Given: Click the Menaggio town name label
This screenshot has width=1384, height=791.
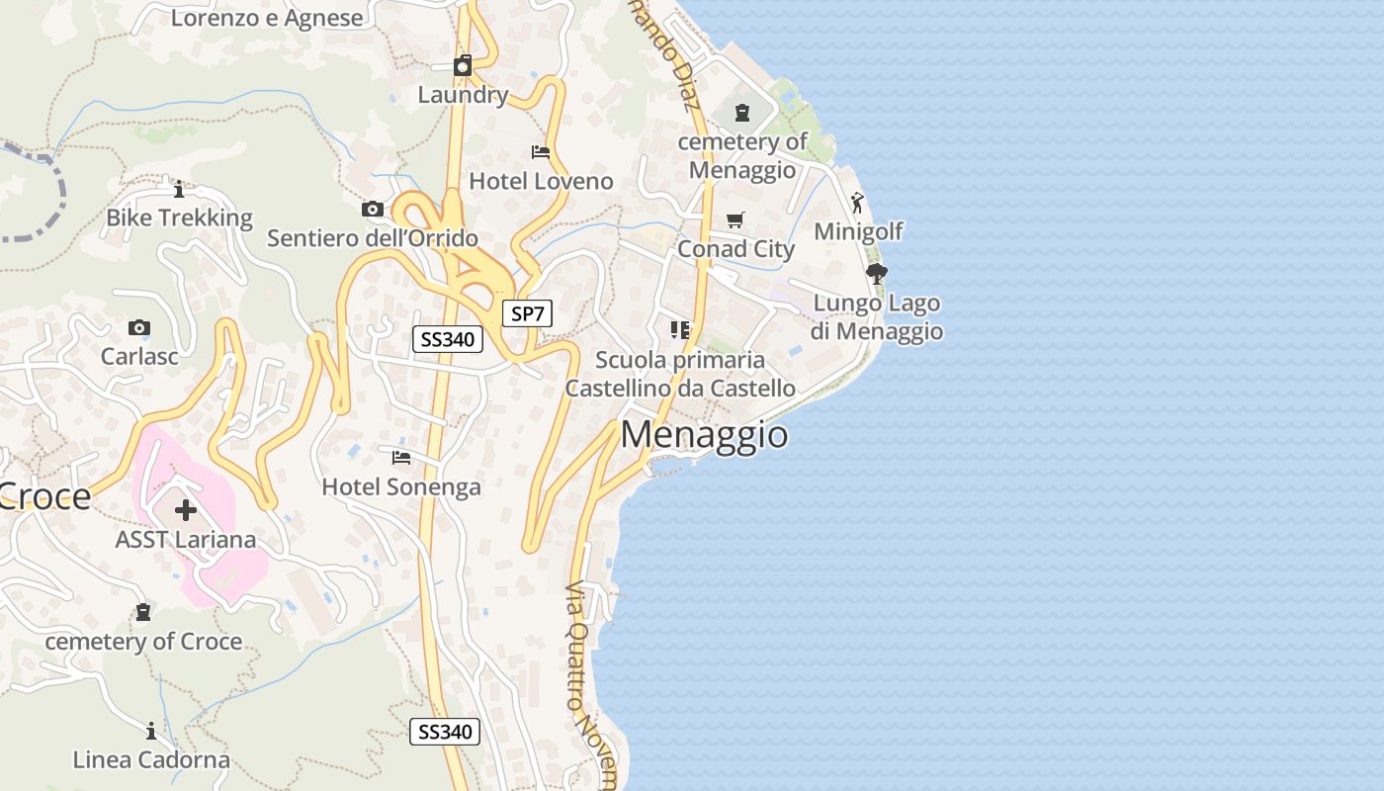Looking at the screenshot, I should click(705, 435).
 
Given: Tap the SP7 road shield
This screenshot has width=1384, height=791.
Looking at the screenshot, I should click(527, 314).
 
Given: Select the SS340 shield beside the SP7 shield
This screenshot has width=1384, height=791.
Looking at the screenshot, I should click(447, 339).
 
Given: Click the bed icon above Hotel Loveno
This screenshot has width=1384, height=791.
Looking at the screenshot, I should click(541, 152).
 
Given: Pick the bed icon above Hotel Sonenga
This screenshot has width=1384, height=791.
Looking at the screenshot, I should click(401, 457).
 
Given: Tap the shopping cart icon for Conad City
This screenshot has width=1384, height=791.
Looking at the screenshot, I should click(735, 220).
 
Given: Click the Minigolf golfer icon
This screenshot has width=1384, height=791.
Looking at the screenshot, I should click(857, 203).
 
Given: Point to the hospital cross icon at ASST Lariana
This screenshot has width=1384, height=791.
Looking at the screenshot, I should click(186, 510).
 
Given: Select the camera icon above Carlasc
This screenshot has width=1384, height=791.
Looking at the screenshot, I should click(139, 327).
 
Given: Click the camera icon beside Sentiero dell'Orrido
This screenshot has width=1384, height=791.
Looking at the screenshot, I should click(373, 209).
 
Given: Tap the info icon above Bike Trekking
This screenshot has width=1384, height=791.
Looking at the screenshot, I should click(179, 189).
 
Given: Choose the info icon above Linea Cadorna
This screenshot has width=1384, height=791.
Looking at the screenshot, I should click(151, 732).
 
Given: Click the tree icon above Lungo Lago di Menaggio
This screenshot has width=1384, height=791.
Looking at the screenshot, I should click(876, 273).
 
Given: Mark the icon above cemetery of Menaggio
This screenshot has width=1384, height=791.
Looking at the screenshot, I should click(742, 113).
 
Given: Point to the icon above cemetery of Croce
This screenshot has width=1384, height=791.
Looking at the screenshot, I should click(143, 612).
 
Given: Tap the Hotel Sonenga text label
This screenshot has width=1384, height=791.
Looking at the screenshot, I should click(401, 486).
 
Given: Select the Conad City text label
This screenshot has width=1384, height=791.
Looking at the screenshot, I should click(735, 249).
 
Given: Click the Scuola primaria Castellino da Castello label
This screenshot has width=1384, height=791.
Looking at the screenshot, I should click(680, 374).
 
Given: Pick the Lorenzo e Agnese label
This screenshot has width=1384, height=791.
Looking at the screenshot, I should click(267, 17).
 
